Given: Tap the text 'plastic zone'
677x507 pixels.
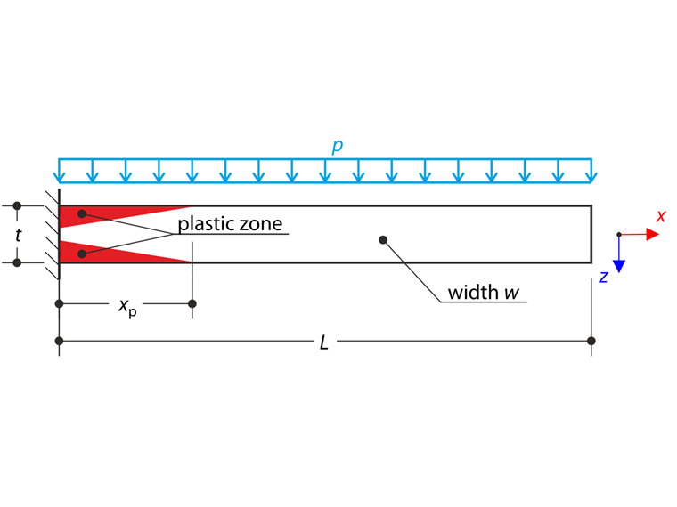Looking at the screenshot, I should point(230,223).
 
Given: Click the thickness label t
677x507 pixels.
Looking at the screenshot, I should point(19,235).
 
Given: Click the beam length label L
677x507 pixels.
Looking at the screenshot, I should point(324,342).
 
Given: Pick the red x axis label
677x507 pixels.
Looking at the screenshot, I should point(661,216).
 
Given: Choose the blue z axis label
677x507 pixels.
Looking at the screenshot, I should point(603,277).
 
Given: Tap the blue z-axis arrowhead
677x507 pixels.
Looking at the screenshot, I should point(621,265).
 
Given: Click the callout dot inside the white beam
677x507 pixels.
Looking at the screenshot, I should point(382,239).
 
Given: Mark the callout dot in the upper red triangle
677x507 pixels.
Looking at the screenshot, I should point(82,214).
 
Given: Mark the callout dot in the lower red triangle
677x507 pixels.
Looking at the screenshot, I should point(82,254).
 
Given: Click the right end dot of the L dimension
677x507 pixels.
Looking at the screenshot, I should point(591,341).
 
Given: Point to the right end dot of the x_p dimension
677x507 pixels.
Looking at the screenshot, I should point(192,304).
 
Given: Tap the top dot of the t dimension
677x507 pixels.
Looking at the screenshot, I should point(17,205).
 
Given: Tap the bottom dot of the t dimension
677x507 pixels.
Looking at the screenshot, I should point(17,262).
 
